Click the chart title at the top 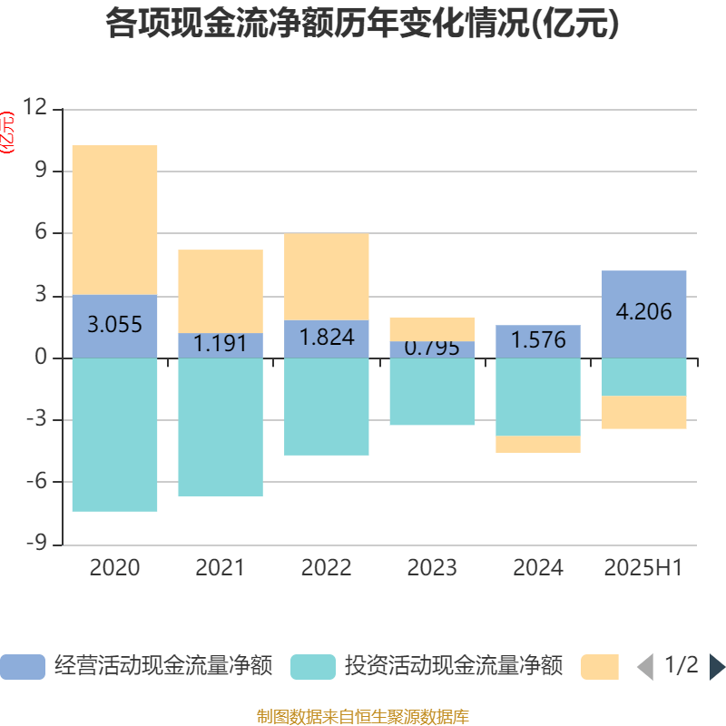click(362, 25)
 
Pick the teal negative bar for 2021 click(221, 427)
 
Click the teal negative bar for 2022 click(327, 407)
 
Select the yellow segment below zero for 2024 click(538, 444)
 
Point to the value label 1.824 click(327, 338)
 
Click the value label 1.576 click(538, 340)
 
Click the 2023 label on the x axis click(432, 568)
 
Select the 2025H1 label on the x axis click(643, 568)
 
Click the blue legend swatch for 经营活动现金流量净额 click(23, 667)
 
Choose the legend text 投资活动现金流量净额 click(453, 667)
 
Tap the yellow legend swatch click(600, 667)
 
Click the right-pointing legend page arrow click(716, 667)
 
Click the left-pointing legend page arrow click(645, 667)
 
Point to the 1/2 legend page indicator click(681, 665)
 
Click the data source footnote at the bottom click(362, 717)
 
